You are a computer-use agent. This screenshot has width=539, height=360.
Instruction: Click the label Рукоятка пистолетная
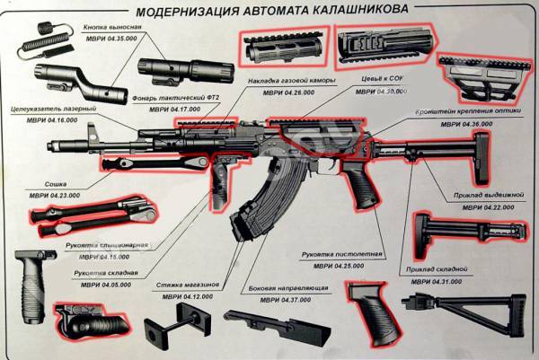(342, 255)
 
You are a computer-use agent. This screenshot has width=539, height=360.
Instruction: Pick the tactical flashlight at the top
(176, 67)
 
